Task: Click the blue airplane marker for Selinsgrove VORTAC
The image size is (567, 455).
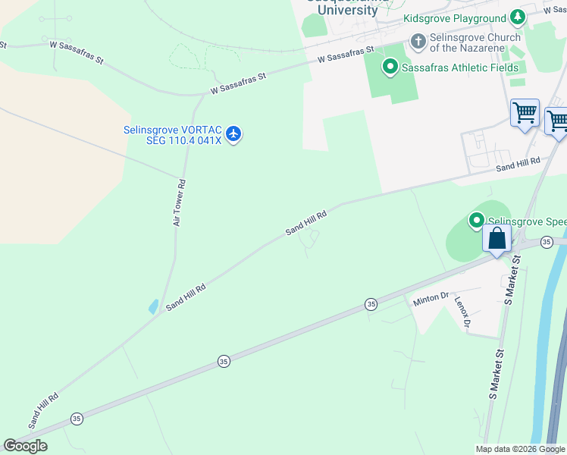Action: (233, 135)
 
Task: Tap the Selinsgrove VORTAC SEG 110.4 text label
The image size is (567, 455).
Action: (172, 136)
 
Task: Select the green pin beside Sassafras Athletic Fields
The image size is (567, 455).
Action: (390, 67)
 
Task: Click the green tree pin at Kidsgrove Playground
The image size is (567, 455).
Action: (517, 17)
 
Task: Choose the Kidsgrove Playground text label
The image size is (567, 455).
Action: (454, 18)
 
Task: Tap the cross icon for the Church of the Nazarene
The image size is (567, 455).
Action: (418, 42)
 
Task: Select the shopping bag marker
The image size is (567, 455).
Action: (497, 239)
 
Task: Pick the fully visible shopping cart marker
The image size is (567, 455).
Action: (525, 114)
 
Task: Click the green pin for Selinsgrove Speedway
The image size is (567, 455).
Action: (477, 221)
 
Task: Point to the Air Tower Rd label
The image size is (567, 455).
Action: (180, 202)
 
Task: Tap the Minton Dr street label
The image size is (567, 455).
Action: (431, 300)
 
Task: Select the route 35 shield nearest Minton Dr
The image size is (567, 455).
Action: (371, 303)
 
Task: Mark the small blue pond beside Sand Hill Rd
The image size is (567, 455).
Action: (155, 306)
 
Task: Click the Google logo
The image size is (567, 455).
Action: (25, 446)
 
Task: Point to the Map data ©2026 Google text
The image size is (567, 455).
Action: (520, 449)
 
